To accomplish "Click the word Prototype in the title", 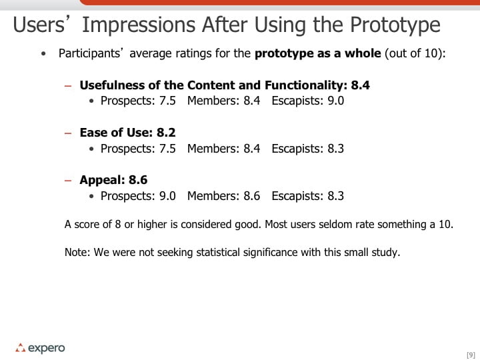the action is click(x=395, y=25).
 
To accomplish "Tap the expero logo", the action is click(x=40, y=348).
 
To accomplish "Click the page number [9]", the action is click(x=471, y=355).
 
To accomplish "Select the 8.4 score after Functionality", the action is click(x=360, y=85).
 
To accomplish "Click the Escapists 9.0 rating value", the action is click(x=336, y=101).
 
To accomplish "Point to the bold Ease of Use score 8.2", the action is click(x=166, y=133).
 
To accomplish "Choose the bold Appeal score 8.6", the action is click(x=138, y=180).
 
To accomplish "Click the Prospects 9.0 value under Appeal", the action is click(x=167, y=196).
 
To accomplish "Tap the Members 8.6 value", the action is click(x=251, y=196).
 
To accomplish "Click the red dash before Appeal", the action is click(x=68, y=180).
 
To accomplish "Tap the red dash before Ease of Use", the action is click(x=68, y=133).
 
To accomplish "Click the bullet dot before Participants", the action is click(x=43, y=54).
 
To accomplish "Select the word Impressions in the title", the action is click(x=139, y=25).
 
